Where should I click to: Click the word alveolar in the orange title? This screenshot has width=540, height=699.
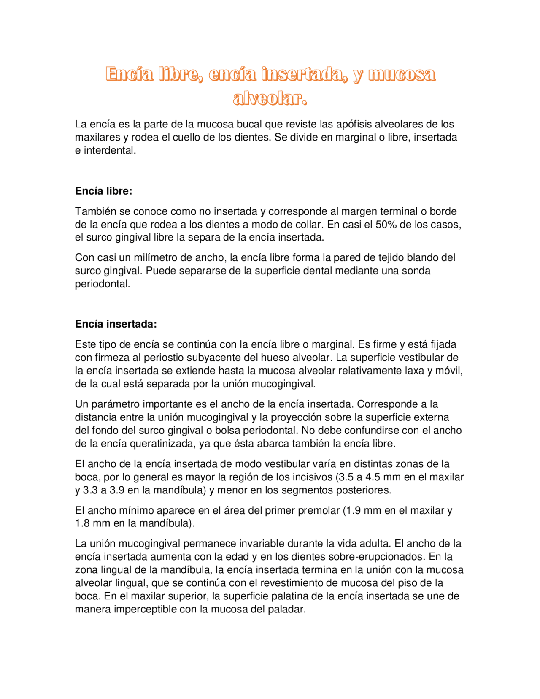270,98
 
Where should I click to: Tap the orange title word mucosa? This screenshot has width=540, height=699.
402,74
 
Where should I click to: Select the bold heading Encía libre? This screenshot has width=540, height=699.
104,191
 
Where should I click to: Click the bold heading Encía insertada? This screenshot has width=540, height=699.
116,324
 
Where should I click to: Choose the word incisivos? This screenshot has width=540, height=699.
312,477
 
